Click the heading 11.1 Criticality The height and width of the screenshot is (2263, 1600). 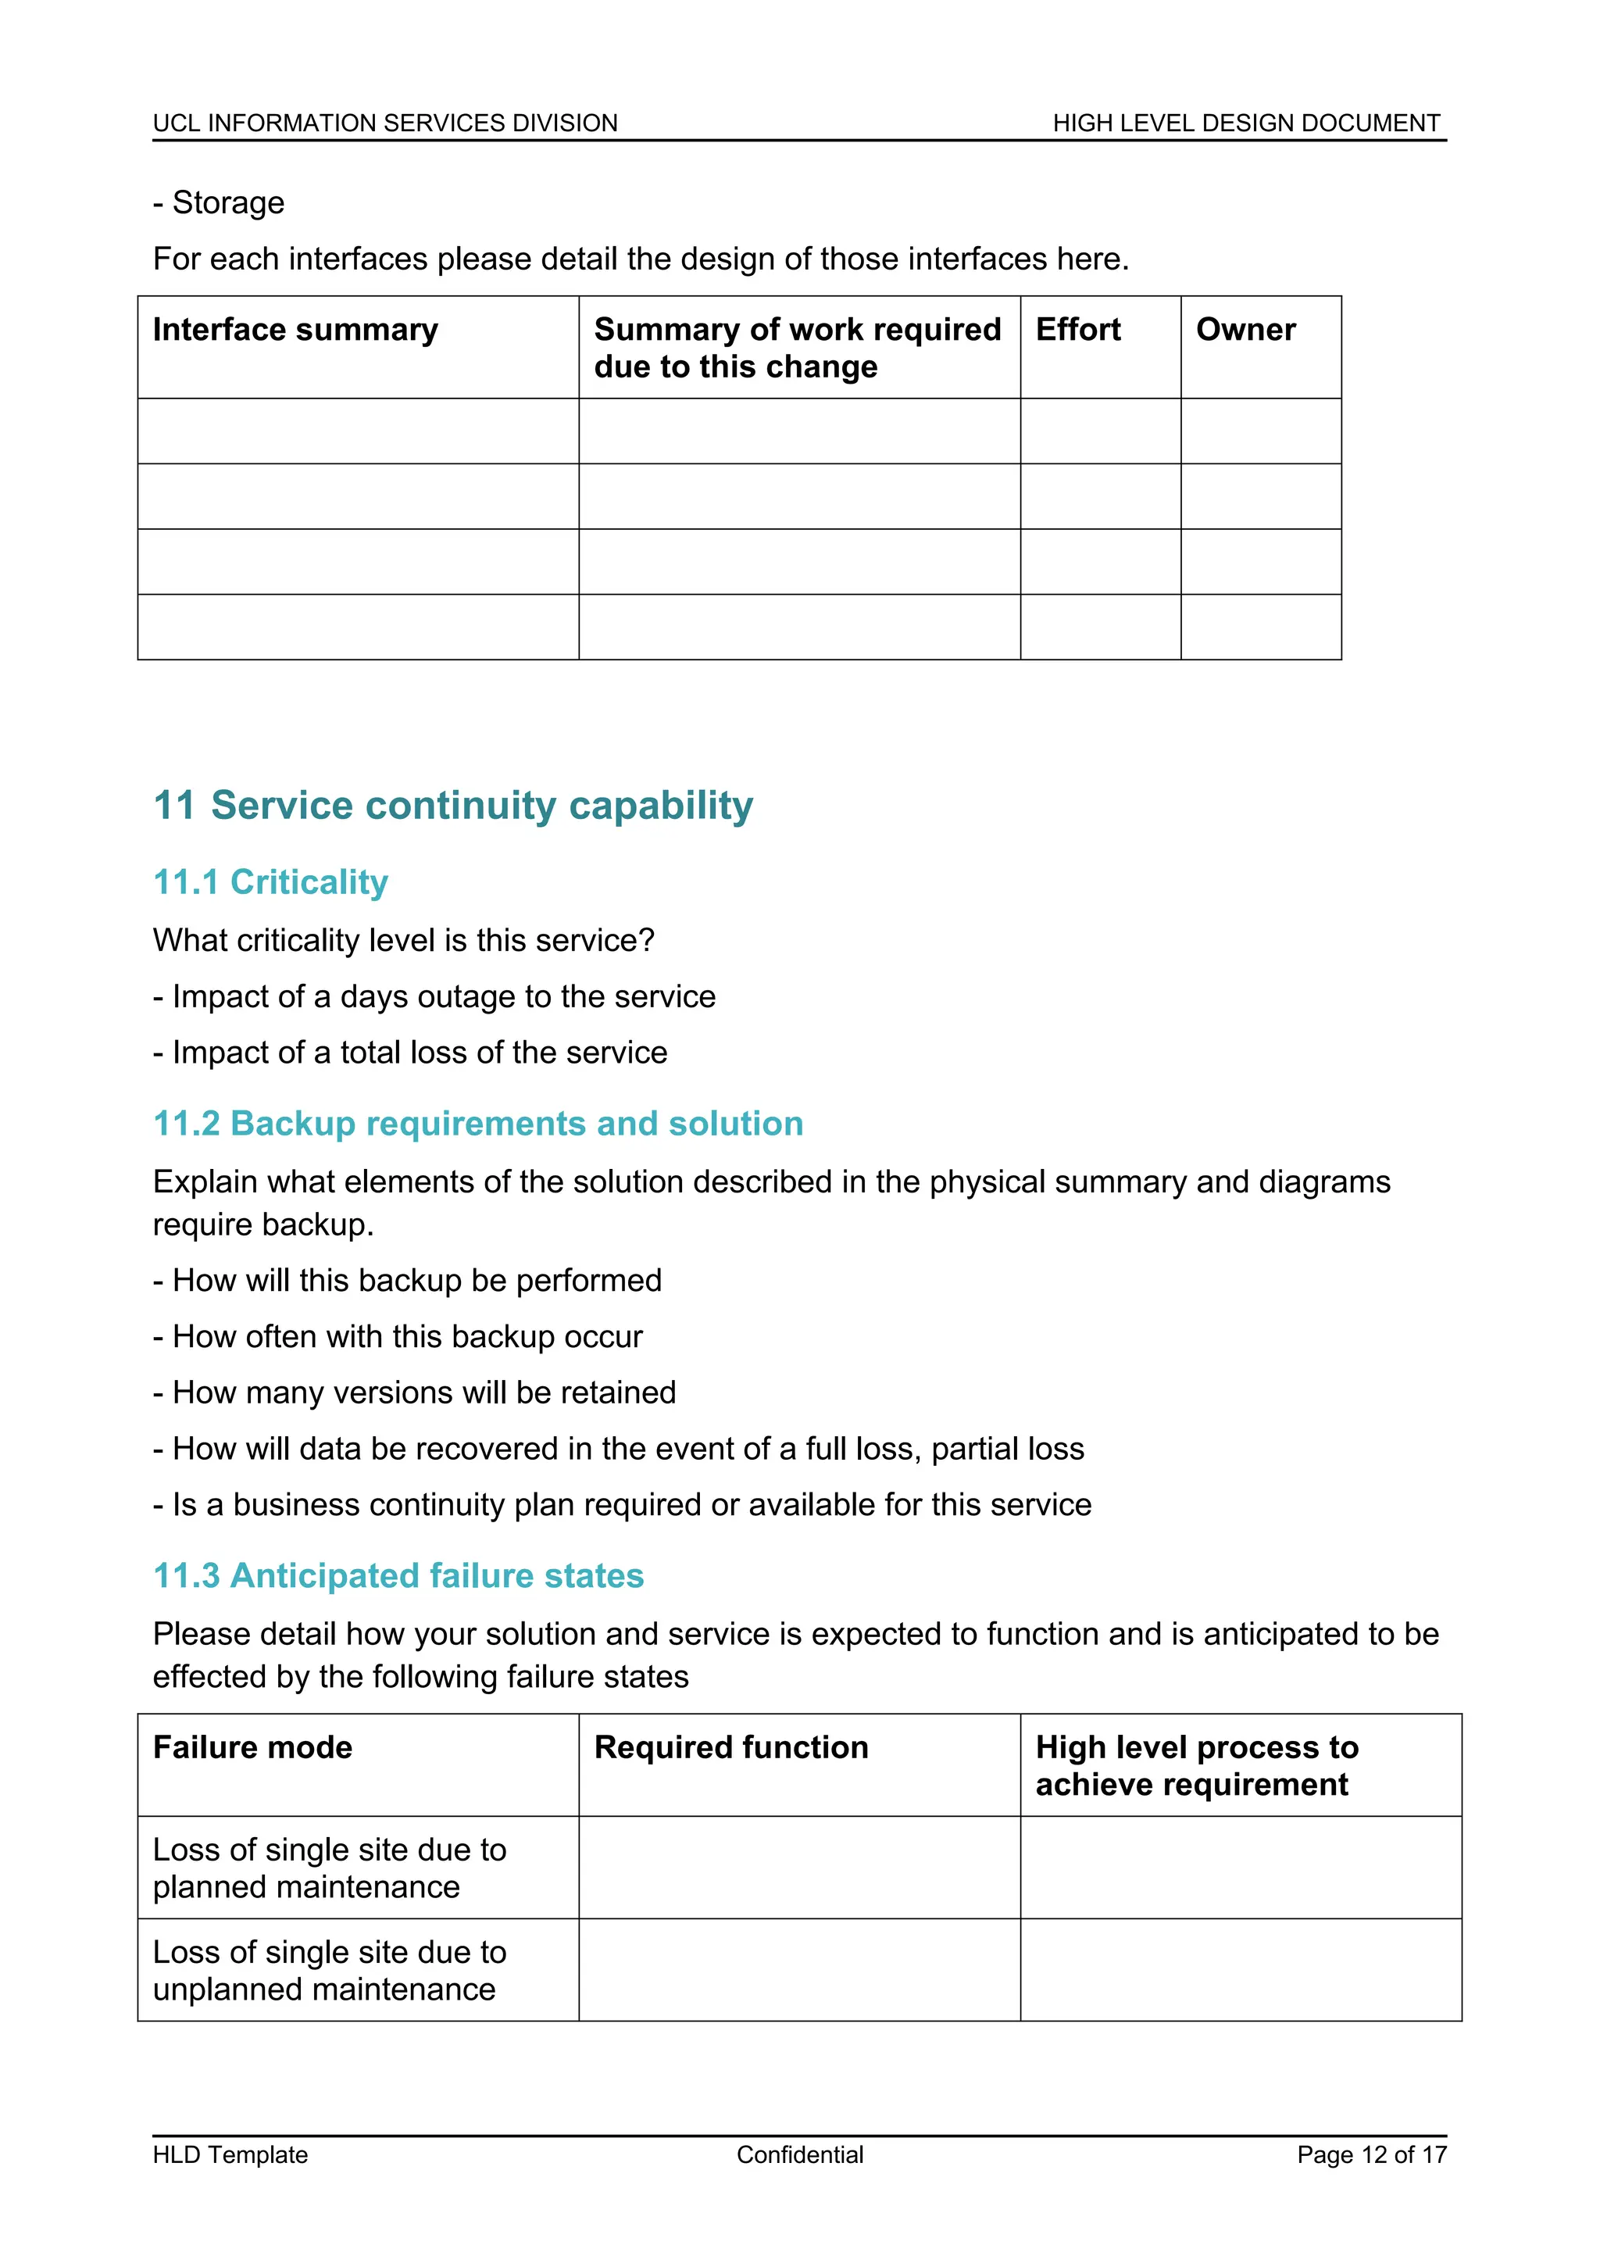pyautogui.click(x=271, y=881)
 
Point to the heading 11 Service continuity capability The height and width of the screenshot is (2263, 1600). pyautogui.click(x=453, y=806)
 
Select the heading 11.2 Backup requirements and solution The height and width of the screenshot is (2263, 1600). pyautogui.click(x=478, y=1123)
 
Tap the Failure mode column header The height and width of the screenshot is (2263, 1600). pyautogui.click(x=252, y=1746)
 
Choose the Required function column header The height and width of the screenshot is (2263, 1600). pyautogui.click(x=731, y=1746)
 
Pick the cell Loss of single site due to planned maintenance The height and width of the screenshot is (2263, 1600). pyautogui.click(x=329, y=1867)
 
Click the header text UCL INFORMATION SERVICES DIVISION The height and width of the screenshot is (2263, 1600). pyautogui.click(x=385, y=123)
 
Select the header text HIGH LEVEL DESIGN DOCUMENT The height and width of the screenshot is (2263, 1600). pyautogui.click(x=1245, y=123)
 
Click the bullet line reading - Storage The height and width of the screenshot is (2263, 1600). pyautogui.click(x=219, y=202)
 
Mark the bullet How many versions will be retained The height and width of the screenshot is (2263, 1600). pyautogui.click(x=415, y=1392)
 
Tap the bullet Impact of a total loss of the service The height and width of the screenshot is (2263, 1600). pyautogui.click(x=411, y=1052)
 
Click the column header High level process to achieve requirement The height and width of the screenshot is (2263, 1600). pyautogui.click(x=1196, y=1765)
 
